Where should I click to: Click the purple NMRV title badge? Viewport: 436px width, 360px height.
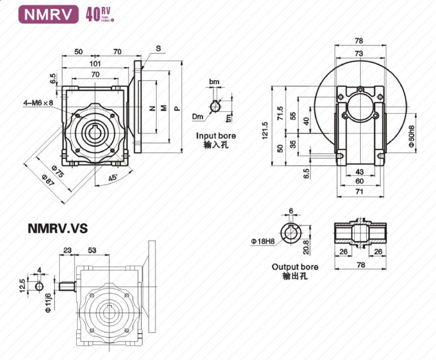[48, 14]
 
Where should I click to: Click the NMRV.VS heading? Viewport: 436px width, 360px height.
[58, 228]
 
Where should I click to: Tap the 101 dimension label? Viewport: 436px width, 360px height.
[95, 64]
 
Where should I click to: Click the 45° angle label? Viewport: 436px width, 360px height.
[113, 178]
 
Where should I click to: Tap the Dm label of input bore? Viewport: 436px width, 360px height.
[197, 117]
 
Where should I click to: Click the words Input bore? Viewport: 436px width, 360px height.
[216, 135]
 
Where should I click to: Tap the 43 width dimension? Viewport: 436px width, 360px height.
[359, 171]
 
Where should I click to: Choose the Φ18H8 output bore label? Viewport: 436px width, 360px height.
[263, 241]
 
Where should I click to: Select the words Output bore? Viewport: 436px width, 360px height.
[295, 267]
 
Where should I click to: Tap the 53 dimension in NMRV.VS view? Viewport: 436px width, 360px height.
[91, 250]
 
